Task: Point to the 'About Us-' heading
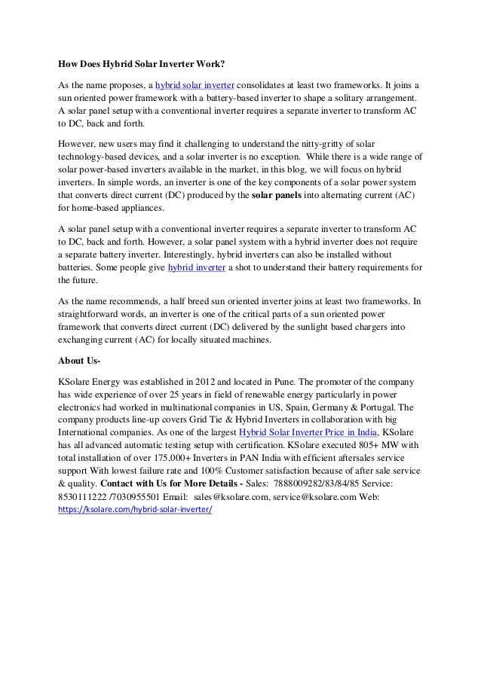[79, 358]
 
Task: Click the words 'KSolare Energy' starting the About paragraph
[90, 380]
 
